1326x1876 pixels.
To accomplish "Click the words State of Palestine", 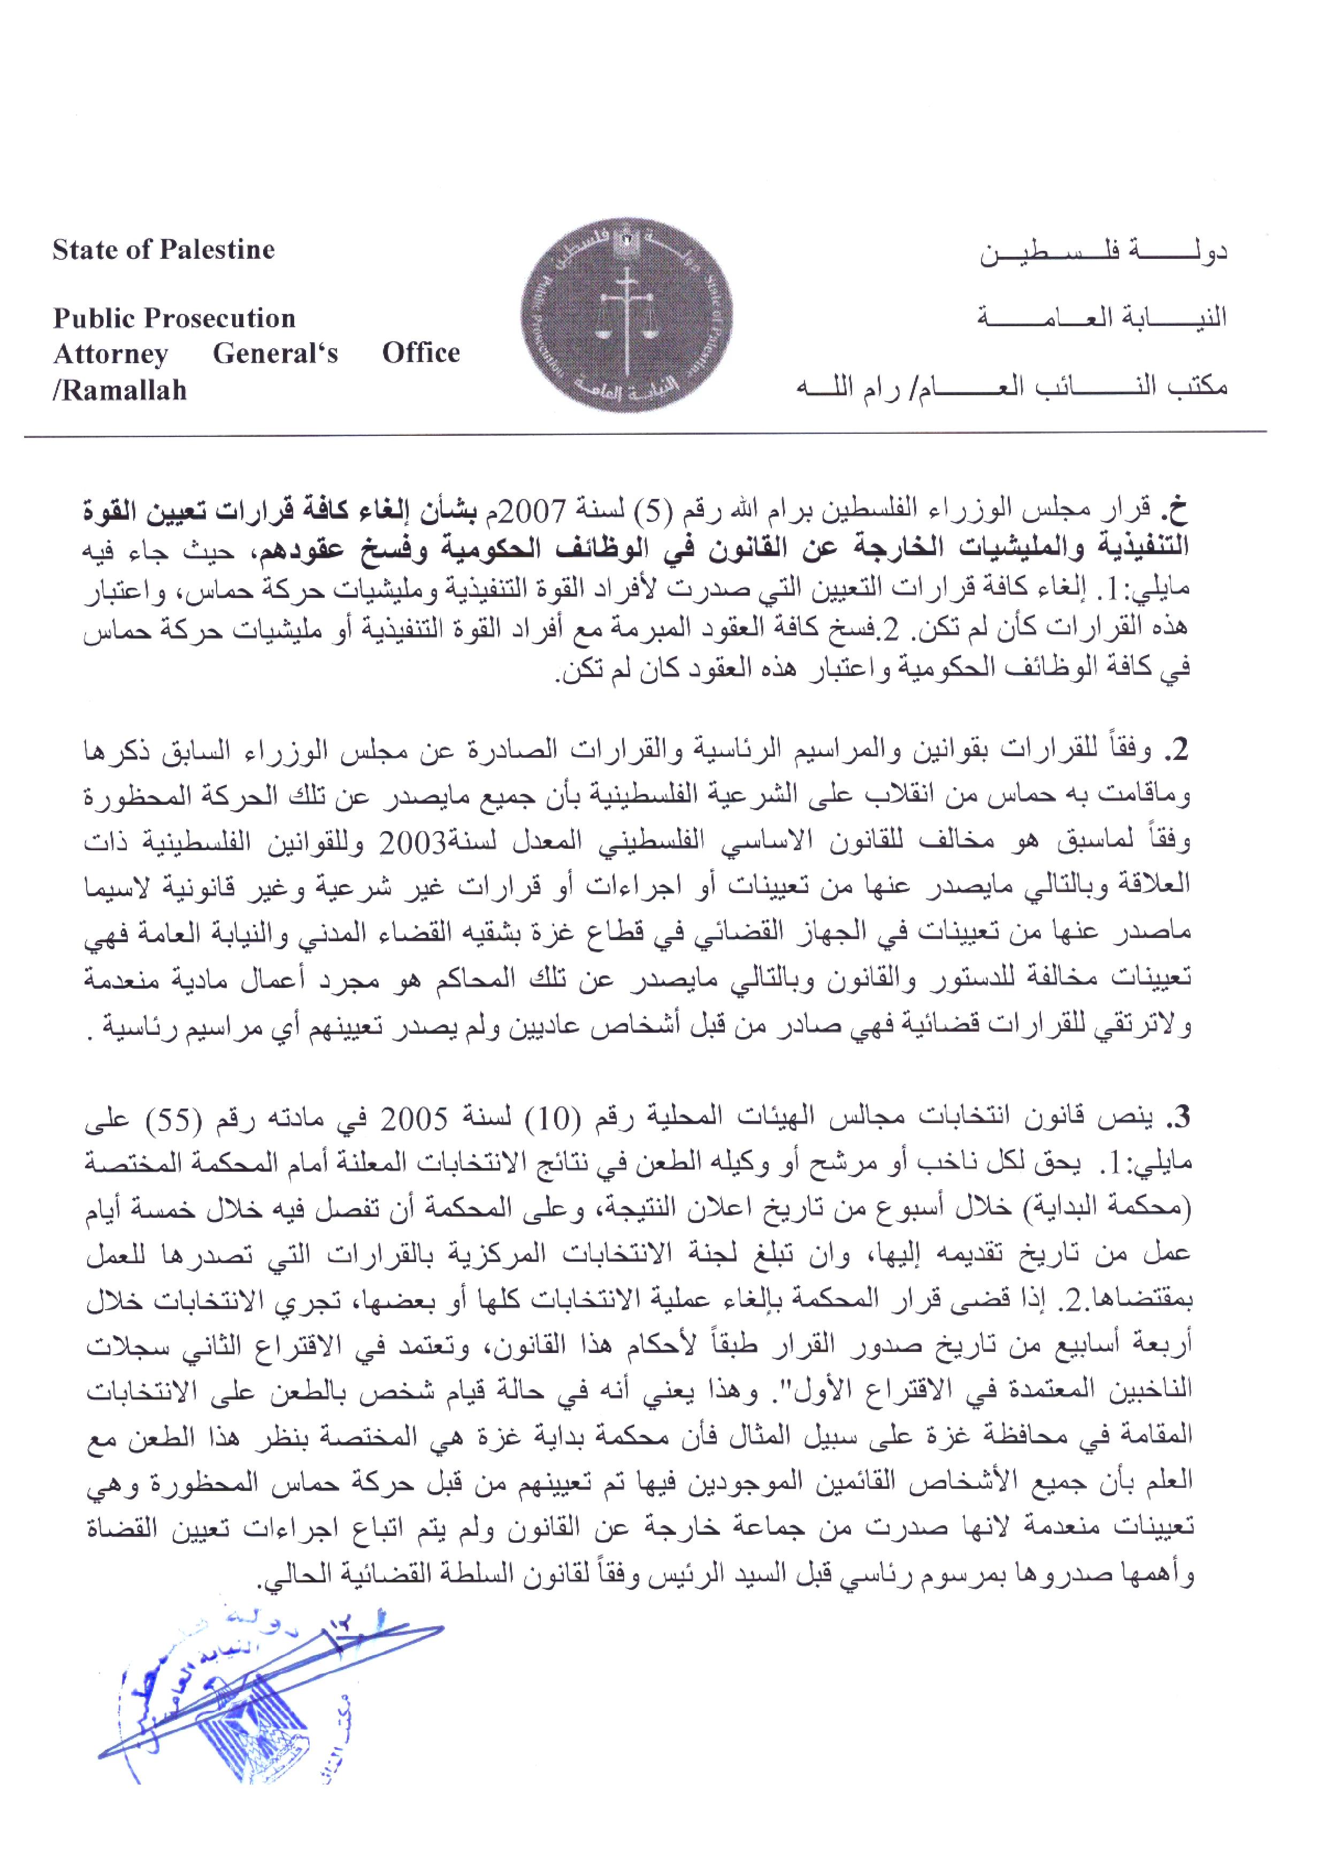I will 163,250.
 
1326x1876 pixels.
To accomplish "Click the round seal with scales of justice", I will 627,321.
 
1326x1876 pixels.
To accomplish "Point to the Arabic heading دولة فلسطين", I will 1103,252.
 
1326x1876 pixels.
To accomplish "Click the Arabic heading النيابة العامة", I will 1102,317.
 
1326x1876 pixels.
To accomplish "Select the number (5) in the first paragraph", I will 683,512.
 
